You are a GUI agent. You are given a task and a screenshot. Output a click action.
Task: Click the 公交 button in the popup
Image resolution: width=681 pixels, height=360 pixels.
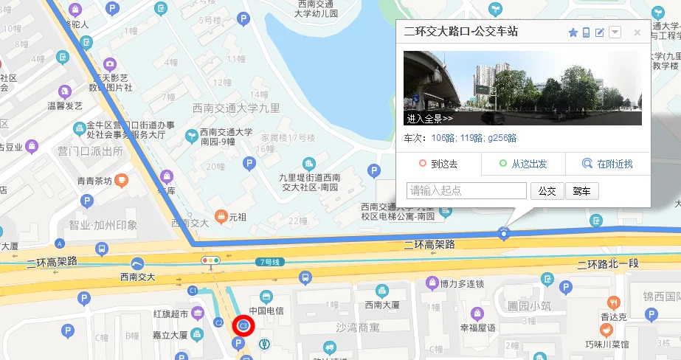coord(547,191)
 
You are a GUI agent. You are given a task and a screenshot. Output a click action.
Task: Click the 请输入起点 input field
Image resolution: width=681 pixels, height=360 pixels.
coord(466,191)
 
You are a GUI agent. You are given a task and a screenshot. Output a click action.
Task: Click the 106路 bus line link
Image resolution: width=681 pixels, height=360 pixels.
coord(443,138)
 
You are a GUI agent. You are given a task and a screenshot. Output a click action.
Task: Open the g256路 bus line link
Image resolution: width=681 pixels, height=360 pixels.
coord(502,138)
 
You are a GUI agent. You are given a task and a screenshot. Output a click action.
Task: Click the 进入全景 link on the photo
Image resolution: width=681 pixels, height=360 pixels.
coord(429,118)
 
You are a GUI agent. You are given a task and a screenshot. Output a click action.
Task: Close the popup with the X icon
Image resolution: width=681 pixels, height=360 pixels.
coord(637,32)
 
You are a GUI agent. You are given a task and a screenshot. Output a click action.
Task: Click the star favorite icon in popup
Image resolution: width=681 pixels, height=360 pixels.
coord(573,32)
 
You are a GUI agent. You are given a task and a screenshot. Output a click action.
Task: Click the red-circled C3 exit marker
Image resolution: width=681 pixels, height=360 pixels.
coord(243,325)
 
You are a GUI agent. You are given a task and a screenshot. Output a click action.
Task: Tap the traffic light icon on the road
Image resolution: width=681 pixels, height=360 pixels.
coord(211,260)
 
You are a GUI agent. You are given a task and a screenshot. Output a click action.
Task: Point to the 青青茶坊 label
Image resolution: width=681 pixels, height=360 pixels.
coord(94,181)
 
